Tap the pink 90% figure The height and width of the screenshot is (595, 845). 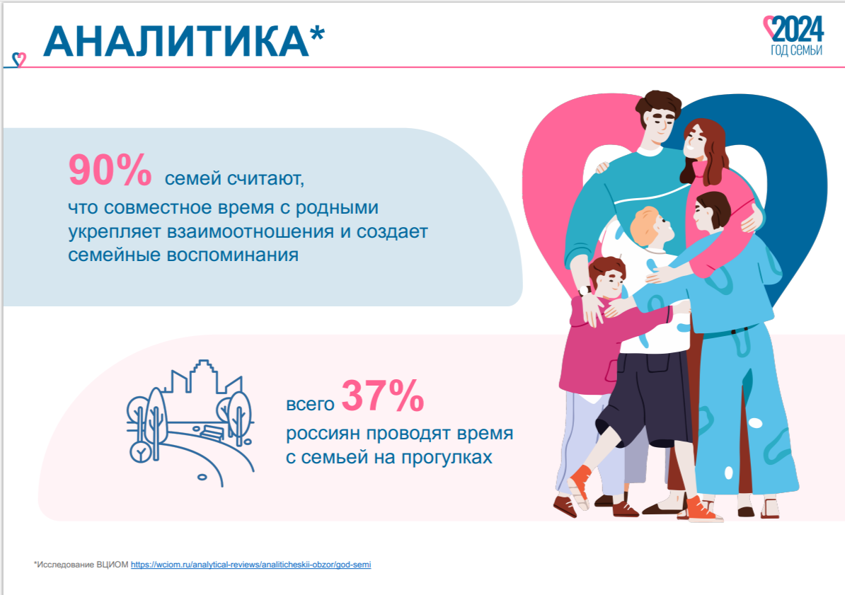tap(110, 170)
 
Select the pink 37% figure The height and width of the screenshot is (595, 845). tap(383, 395)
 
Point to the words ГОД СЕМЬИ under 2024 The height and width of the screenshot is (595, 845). tap(796, 50)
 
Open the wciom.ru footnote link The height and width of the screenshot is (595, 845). tap(251, 565)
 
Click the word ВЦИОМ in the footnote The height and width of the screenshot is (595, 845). tap(112, 565)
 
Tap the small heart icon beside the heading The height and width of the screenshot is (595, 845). tap(19, 59)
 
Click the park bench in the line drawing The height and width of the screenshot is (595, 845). tap(212, 432)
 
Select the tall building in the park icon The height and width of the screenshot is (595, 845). tap(202, 376)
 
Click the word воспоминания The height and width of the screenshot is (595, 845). tap(232, 255)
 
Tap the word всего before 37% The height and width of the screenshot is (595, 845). tap(310, 404)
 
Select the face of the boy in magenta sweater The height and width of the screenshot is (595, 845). tap(611, 282)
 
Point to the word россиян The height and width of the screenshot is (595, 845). tap(322, 434)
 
